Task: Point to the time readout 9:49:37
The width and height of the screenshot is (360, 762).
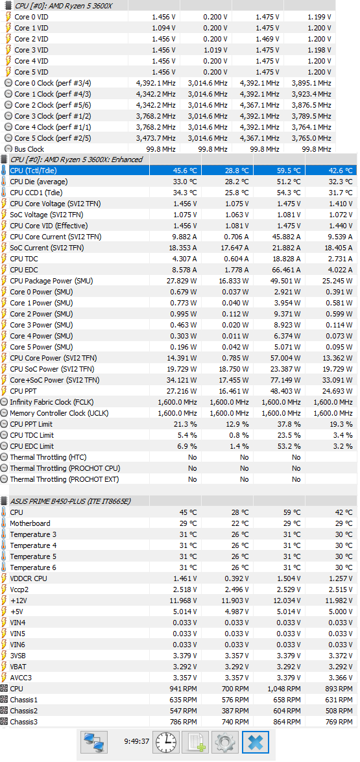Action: click(136, 742)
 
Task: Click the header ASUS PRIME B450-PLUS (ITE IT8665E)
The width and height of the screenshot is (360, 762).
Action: click(70, 501)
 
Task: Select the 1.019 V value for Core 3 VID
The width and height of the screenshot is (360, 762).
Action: click(215, 49)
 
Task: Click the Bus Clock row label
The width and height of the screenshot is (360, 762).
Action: click(29, 149)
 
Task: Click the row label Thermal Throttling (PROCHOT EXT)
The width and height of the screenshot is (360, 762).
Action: click(65, 479)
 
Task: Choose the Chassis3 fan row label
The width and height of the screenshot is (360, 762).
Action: click(24, 722)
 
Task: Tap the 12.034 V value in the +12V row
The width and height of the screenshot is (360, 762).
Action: click(288, 600)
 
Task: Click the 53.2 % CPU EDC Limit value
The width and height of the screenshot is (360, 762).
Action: click(290, 446)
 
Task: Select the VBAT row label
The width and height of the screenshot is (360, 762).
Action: click(20, 666)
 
